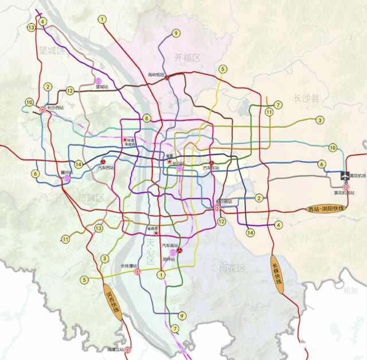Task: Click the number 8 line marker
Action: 147,118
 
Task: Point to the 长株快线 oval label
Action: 278,276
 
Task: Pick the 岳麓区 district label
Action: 90,198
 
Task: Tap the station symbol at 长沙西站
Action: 42,109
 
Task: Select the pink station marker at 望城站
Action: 99,81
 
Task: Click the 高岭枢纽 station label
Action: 156,75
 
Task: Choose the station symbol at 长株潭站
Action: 138,272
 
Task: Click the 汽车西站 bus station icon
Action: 103,161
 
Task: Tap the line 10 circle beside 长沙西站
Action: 29,103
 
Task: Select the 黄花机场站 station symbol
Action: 345,186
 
